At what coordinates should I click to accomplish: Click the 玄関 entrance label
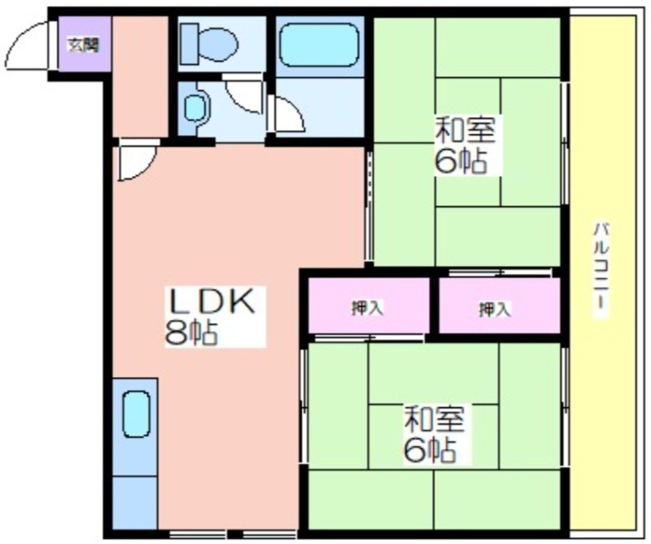coord(84,44)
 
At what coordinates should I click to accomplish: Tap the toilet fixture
coord(209,44)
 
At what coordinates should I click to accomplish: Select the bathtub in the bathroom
coord(319,44)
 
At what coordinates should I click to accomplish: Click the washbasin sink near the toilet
coord(195,108)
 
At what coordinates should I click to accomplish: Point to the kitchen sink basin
coord(136,414)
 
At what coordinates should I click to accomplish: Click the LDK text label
coord(211,301)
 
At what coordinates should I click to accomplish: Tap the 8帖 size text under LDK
coord(191,333)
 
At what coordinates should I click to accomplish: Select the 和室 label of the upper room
coord(465,130)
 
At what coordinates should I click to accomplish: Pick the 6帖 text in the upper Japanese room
coord(461,161)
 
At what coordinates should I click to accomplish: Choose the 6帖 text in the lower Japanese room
coord(430,450)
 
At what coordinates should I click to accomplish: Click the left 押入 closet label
coord(367,308)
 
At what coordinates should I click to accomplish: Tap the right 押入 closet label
coord(495,309)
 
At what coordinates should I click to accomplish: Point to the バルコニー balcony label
coord(601,266)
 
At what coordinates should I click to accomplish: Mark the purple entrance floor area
coord(85,43)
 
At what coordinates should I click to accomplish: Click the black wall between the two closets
coord(434,306)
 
